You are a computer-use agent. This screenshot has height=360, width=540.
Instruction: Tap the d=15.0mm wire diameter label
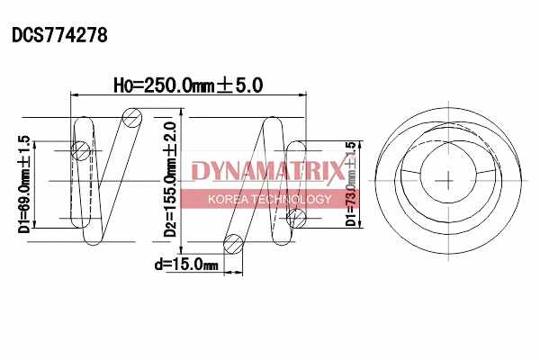click(x=186, y=265)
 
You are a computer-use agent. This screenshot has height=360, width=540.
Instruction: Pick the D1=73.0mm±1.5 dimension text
click(x=352, y=184)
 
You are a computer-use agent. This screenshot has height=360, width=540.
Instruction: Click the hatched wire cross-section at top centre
click(x=133, y=116)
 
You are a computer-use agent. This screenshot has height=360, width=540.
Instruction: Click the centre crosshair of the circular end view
click(x=447, y=180)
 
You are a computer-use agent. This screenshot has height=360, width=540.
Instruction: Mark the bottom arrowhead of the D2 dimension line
click(x=183, y=249)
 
